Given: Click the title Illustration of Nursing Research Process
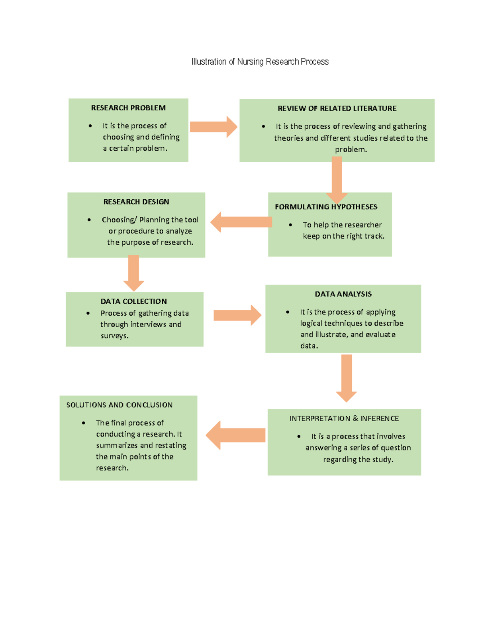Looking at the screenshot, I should tap(260, 62).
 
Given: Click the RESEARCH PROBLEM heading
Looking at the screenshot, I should tap(128, 108).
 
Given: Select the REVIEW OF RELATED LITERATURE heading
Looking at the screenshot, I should tap(337, 108).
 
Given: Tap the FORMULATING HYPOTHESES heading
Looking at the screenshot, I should tap(326, 207).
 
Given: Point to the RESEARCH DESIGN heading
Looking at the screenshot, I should tap(136, 202).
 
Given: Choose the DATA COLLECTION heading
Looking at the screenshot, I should tap(133, 302).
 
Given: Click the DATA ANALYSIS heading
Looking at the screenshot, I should tap(343, 294).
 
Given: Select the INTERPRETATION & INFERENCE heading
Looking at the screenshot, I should tap(344, 419).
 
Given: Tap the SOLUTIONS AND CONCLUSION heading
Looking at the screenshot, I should tap(119, 405).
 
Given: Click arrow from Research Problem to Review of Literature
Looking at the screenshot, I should tap(213, 127).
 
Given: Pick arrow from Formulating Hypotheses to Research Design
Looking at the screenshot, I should tap(241, 222).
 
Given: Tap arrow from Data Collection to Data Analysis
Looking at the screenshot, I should tap(237, 315).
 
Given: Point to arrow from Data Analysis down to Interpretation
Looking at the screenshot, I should tap(346, 377).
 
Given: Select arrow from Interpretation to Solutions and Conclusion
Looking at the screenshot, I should tap(236, 435).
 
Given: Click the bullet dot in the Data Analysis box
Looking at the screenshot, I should tap(288, 312).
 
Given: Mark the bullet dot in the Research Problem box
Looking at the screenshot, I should tap(90, 126).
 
